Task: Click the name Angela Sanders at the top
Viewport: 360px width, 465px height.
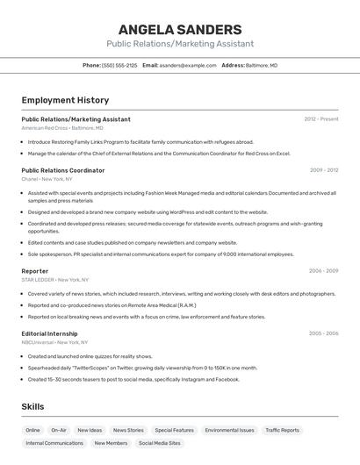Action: click(180, 29)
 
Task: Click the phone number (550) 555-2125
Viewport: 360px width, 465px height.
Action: click(119, 65)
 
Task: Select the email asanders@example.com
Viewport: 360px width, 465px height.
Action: click(188, 65)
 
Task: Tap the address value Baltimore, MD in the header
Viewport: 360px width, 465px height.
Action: click(262, 65)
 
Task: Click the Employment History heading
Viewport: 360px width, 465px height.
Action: click(65, 100)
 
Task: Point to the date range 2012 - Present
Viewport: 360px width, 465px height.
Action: click(321, 119)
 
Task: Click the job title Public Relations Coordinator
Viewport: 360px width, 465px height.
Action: click(63, 170)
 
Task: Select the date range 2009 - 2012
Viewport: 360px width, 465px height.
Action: click(324, 170)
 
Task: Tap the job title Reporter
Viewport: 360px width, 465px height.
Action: click(35, 271)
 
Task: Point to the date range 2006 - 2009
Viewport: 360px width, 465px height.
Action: click(323, 271)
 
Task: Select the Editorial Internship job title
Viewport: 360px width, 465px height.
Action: click(49, 333)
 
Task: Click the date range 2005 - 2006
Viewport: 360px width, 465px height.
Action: click(323, 333)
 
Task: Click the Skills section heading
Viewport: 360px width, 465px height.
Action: click(32, 406)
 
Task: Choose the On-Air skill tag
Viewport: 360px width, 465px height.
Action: click(59, 431)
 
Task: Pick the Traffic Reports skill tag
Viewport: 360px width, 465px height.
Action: click(283, 431)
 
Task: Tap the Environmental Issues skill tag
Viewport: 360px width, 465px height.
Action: click(230, 431)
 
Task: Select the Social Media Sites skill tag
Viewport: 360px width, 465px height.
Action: click(160, 444)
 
